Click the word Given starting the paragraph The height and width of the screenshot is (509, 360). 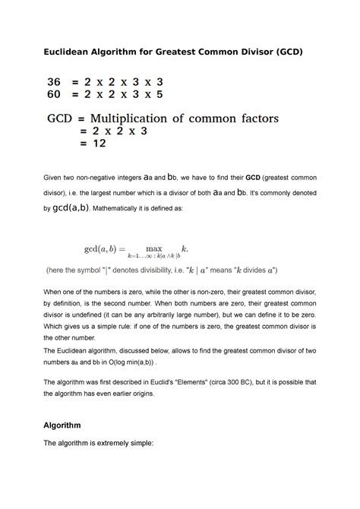[x=56, y=179]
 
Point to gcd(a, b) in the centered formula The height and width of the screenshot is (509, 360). [x=107, y=250]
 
